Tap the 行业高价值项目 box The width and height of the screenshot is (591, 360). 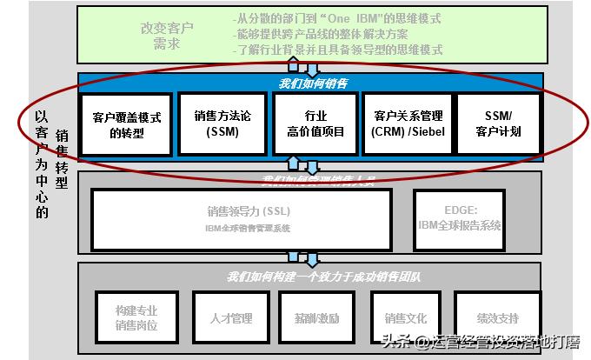[315, 123]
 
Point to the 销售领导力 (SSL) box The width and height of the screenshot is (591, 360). [242, 218]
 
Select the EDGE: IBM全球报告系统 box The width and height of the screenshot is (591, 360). [472, 217]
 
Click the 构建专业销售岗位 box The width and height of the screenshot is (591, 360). [136, 317]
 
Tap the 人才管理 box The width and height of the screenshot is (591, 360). [229, 318]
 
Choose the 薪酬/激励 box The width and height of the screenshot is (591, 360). [315, 318]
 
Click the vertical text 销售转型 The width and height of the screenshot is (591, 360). [61, 159]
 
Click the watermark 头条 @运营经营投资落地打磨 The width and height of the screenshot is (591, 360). [478, 342]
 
